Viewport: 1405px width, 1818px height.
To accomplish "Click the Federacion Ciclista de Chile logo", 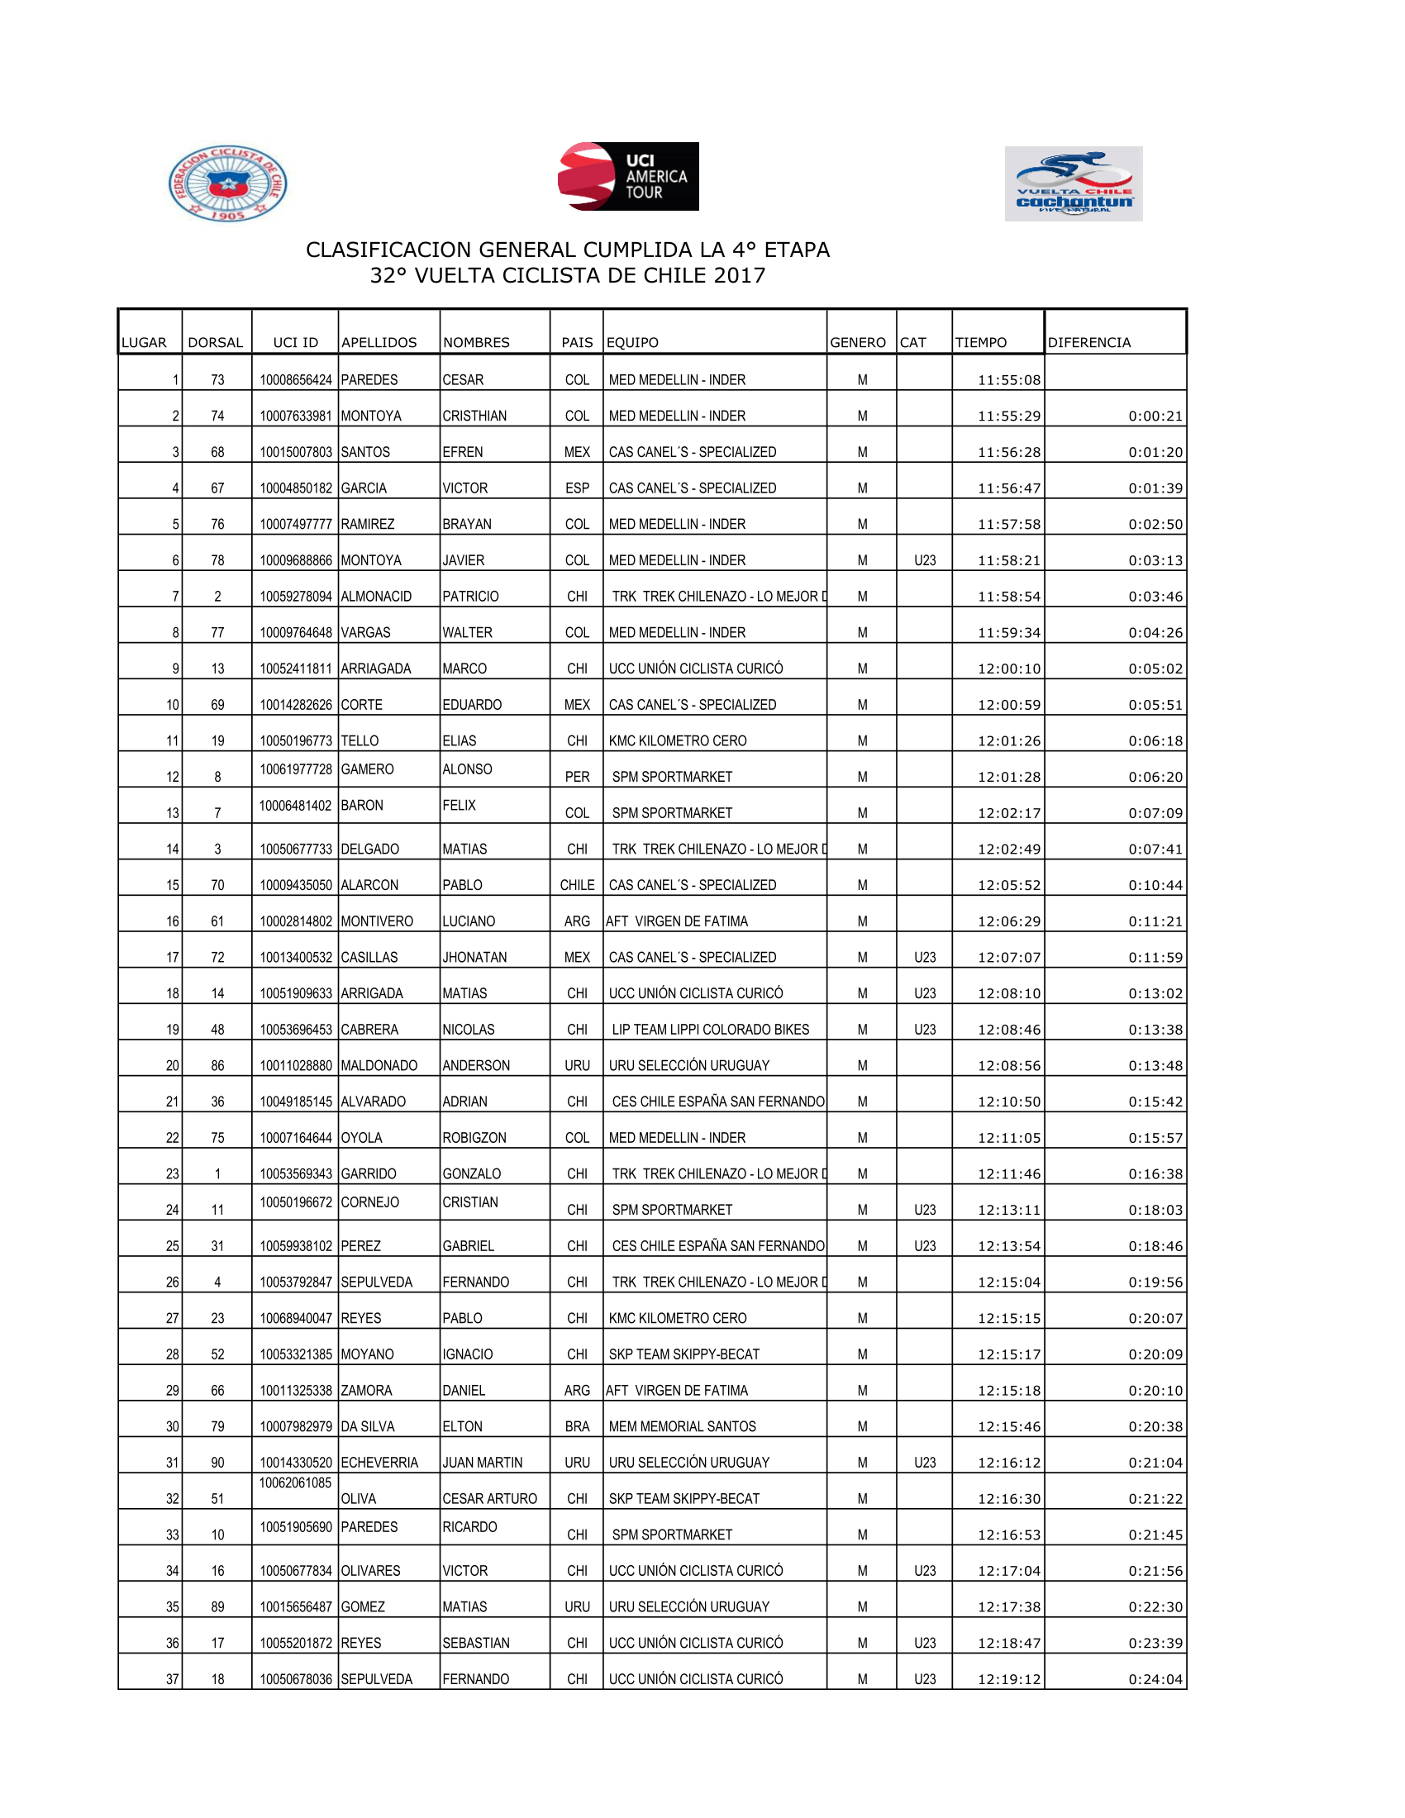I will point(227,183).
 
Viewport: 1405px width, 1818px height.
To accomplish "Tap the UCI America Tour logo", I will point(628,177).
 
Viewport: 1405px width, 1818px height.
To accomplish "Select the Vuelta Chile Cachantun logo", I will point(1073,184).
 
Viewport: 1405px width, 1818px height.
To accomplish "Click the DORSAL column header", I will point(216,342).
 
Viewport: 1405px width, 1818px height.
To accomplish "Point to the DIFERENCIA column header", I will point(1088,342).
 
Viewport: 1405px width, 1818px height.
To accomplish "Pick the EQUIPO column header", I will point(632,342).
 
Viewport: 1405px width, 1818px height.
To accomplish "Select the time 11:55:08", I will point(1009,380).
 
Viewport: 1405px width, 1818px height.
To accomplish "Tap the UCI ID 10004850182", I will point(296,488).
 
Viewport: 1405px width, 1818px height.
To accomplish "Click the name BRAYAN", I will point(467,525).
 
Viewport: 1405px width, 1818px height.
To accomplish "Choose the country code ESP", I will point(577,488).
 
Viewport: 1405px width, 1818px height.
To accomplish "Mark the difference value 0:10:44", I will point(1155,886).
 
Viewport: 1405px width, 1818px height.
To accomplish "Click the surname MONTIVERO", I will point(377,921).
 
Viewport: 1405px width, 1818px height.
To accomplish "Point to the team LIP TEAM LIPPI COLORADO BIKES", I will point(710,1030).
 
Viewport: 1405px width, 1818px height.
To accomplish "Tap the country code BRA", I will point(577,1427).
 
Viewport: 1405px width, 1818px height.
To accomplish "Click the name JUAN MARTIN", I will point(483,1463).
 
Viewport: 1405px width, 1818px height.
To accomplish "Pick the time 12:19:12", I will point(1009,1679).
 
